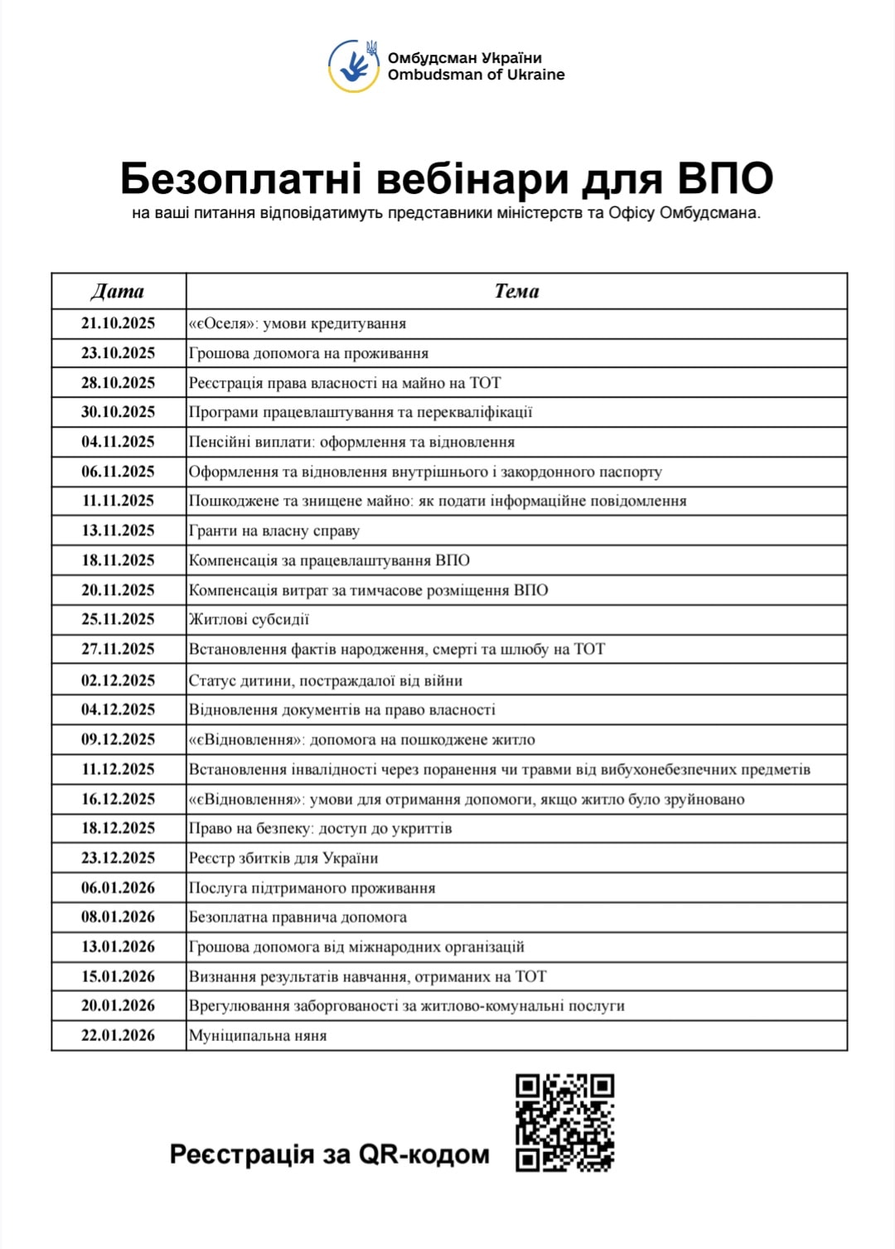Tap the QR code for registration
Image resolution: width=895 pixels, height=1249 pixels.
click(x=564, y=1122)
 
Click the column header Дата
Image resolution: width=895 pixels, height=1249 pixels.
click(x=118, y=291)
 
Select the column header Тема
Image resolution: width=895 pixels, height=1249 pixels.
click(x=516, y=291)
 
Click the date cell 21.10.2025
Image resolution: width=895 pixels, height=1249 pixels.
click(x=118, y=323)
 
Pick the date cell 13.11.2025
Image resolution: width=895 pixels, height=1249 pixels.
click(x=118, y=530)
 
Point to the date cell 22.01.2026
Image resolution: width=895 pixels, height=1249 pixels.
click(x=118, y=1035)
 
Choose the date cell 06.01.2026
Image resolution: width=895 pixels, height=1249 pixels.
click(x=118, y=888)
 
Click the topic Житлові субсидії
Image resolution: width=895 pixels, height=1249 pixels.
click(x=249, y=619)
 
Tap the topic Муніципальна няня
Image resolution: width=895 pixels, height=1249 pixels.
click(x=258, y=1035)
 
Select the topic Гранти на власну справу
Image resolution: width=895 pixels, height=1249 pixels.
click(x=274, y=530)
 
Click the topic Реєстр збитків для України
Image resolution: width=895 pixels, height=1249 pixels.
click(x=283, y=858)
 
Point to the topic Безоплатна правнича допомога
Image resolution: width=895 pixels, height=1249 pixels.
click(x=298, y=917)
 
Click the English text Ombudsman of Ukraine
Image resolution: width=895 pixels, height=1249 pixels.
click(x=476, y=75)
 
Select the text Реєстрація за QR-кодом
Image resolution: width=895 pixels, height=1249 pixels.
click(x=329, y=1154)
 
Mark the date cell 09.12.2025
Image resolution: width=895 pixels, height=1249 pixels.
click(x=118, y=739)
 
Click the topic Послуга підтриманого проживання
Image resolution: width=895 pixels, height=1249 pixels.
click(x=312, y=888)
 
